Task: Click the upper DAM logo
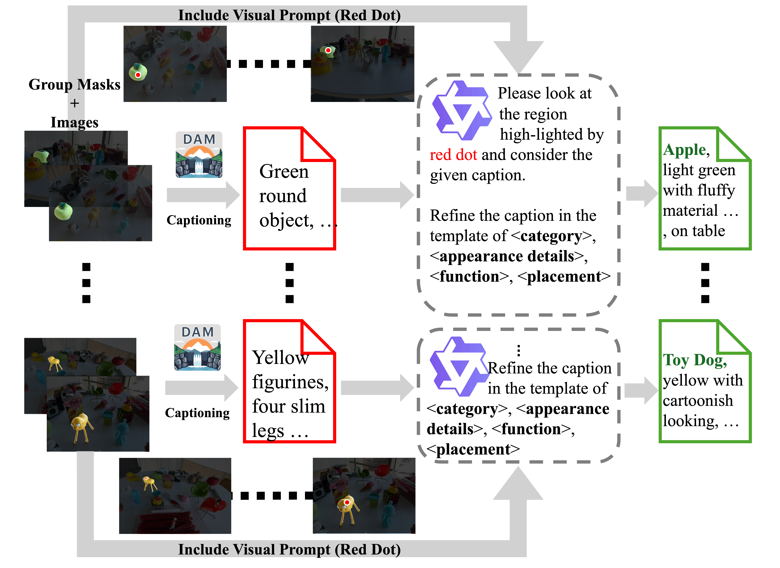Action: click(x=199, y=155)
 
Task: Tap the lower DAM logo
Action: click(x=198, y=347)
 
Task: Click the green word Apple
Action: click(x=684, y=150)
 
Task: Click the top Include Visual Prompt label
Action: click(x=289, y=15)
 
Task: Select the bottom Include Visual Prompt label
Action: click(x=289, y=549)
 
